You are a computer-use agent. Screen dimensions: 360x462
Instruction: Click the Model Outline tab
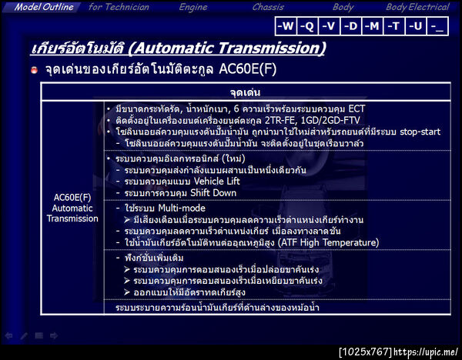(x=44, y=7)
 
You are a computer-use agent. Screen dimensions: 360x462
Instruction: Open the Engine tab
(x=192, y=7)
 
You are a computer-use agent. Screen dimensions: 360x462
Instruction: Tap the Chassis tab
(x=268, y=7)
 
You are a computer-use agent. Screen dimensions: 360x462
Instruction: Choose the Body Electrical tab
(x=417, y=7)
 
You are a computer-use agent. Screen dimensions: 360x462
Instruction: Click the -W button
(x=285, y=26)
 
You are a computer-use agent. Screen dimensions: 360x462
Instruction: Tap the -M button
(x=372, y=26)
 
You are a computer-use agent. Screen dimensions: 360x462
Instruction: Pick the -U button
(x=416, y=26)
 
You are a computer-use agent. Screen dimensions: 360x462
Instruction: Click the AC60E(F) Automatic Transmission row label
(x=72, y=208)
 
